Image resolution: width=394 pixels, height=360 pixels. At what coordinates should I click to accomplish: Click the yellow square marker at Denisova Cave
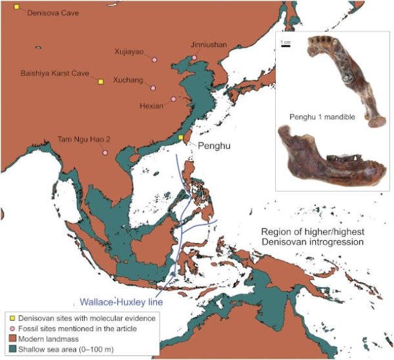tap(17, 7)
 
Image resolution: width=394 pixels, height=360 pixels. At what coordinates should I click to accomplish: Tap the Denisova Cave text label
tap(52, 12)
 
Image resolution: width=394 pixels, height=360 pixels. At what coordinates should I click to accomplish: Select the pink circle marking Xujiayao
tap(153, 61)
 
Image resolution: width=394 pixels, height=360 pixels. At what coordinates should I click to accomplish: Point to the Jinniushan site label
tap(209, 45)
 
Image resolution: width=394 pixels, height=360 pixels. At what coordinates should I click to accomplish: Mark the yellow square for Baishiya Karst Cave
tap(100, 81)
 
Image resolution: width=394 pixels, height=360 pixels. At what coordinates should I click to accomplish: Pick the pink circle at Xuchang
tap(153, 88)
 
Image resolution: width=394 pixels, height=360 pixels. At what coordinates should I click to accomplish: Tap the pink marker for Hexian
tap(173, 99)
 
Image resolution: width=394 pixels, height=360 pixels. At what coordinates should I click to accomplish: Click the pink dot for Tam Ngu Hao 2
tap(105, 152)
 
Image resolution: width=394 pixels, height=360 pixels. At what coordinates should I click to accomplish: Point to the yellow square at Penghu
tap(181, 137)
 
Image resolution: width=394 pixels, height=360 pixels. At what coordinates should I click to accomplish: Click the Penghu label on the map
tap(209, 146)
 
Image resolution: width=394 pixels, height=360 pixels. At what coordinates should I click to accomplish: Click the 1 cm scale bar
tap(285, 46)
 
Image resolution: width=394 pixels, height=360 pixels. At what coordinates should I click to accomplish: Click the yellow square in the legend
tap(10, 318)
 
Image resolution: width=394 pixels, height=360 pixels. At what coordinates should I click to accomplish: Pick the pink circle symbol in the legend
tap(10, 328)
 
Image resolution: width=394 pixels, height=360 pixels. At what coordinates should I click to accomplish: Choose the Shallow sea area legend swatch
tap(10, 348)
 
